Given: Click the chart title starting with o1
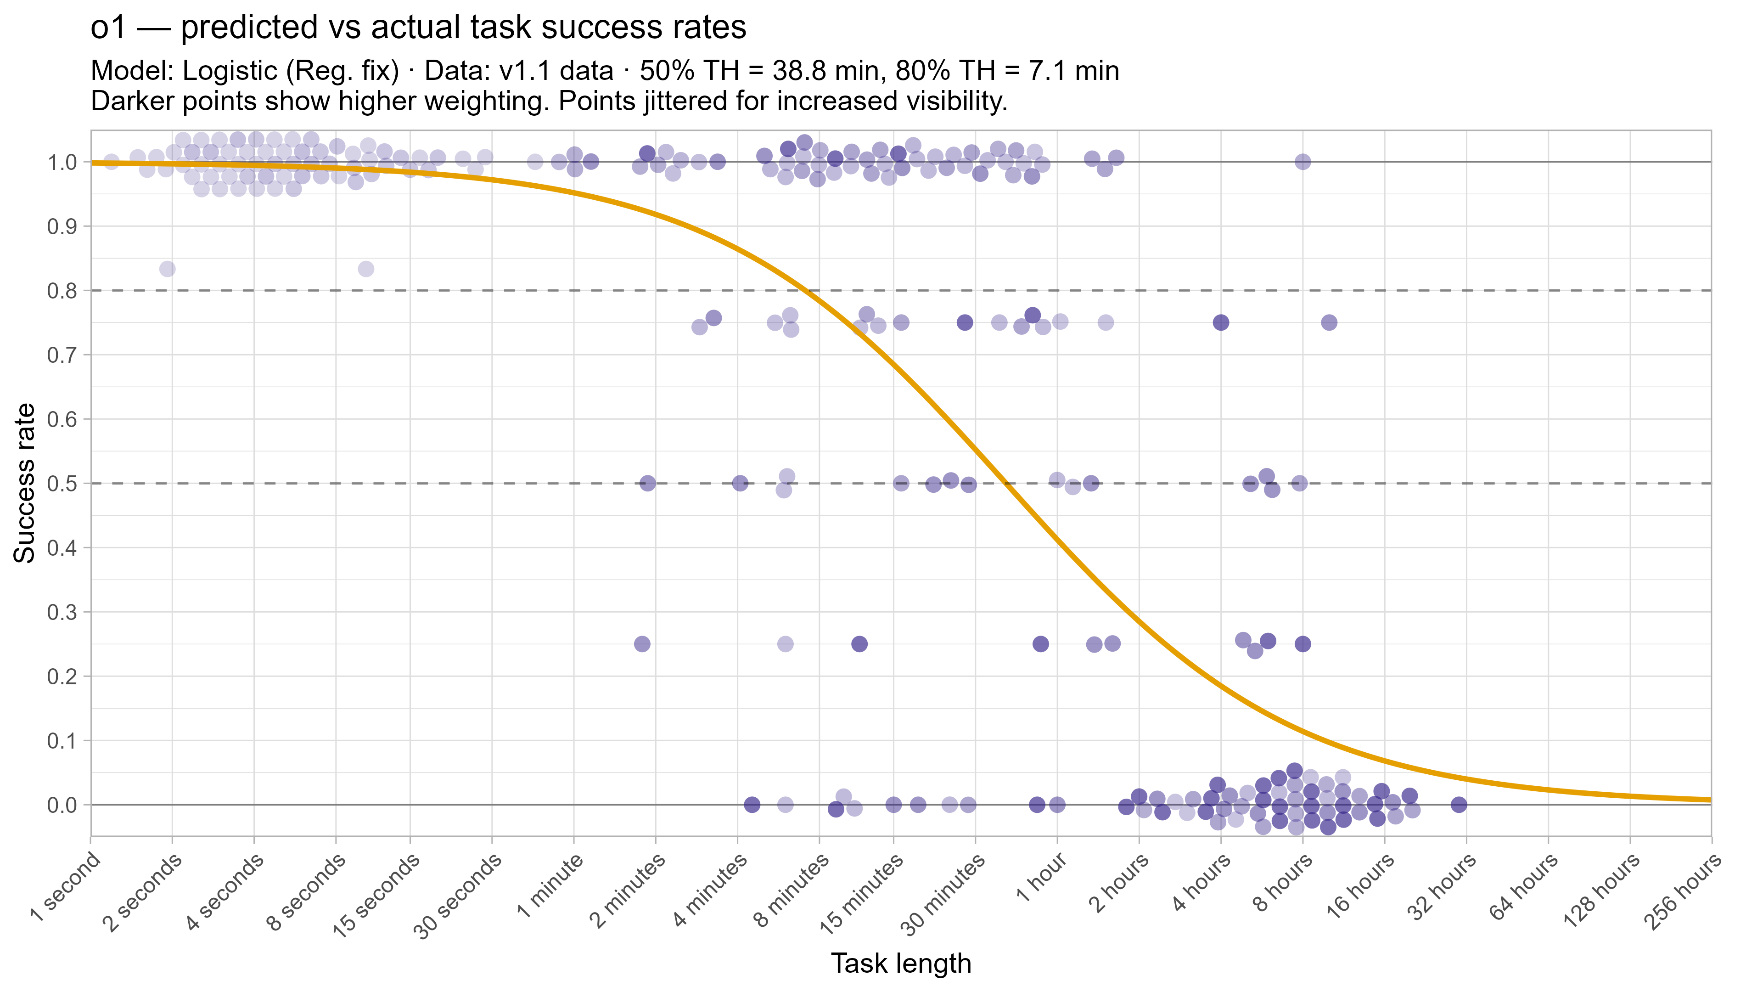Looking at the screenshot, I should pos(418,28).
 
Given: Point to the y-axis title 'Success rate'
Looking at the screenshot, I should pos(25,483).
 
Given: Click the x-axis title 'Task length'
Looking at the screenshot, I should pos(901,963).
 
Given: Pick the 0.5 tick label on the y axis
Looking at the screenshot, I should pos(62,483).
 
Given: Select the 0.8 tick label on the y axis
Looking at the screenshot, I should pos(62,291).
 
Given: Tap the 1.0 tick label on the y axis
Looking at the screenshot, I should pos(62,162).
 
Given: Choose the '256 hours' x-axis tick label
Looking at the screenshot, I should pos(1682,893).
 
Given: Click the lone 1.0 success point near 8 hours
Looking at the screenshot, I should pos(1303,162).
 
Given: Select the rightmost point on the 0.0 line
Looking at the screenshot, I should pos(1459,805).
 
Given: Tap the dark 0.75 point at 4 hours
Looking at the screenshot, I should pos(1221,322).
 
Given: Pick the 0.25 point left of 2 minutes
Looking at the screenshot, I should pos(642,643).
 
